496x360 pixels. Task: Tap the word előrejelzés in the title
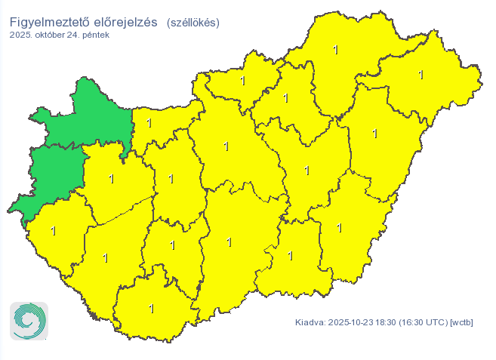(125, 22)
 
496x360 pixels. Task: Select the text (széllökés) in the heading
(193, 23)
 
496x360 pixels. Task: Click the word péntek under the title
(97, 35)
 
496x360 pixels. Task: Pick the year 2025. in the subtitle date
(21, 35)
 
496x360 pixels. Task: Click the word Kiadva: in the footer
(310, 323)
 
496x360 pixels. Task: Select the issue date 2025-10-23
(352, 323)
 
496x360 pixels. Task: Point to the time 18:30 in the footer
(388, 323)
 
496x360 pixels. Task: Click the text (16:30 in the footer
(414, 323)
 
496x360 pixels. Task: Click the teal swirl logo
(29, 321)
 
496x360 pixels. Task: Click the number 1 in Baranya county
(152, 309)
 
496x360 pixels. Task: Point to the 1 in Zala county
(53, 231)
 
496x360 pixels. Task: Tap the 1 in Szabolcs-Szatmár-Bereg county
(421, 75)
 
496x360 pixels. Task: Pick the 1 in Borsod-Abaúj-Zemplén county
(336, 50)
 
